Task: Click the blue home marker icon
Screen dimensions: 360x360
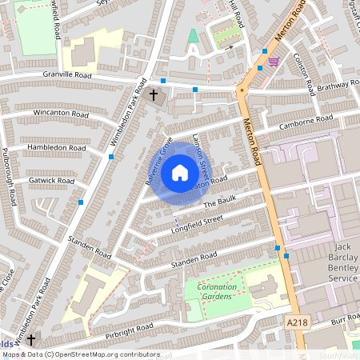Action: tap(179, 172)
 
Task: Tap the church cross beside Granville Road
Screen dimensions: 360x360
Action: tap(154, 95)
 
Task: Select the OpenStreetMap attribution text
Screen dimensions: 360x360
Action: tap(80, 354)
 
